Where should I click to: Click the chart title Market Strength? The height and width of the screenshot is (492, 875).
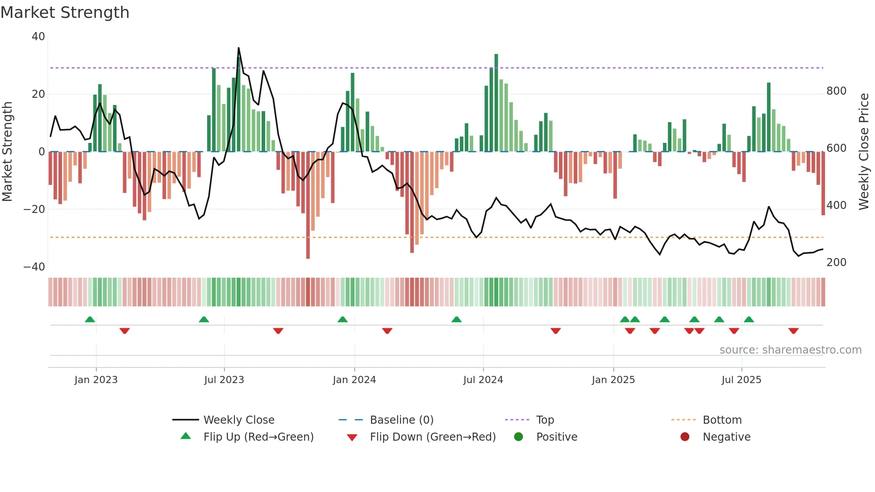pyautogui.click(x=65, y=13)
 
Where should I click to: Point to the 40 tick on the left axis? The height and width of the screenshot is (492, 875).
pyautogui.click(x=38, y=37)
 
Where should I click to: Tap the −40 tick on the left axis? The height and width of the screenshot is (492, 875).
pyautogui.click(x=34, y=267)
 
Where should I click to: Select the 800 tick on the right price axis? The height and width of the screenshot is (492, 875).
pyautogui.click(x=836, y=91)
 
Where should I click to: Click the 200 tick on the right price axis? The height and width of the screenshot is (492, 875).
pyautogui.click(x=836, y=263)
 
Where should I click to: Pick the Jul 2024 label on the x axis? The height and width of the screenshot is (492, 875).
pyautogui.click(x=483, y=380)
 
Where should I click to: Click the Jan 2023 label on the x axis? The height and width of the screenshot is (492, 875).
pyautogui.click(x=96, y=380)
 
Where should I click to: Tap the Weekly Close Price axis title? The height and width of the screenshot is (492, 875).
pyautogui.click(x=864, y=152)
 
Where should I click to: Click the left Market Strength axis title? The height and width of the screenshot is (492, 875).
pyautogui.click(x=7, y=152)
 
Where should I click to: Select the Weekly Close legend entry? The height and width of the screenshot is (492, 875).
pyautogui.click(x=238, y=420)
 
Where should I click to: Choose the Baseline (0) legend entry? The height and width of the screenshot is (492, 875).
pyautogui.click(x=401, y=420)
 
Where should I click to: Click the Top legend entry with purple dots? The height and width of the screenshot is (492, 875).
pyautogui.click(x=545, y=420)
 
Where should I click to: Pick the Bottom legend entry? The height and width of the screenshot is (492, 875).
pyautogui.click(x=722, y=420)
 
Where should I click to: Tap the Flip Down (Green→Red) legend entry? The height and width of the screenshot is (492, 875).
pyautogui.click(x=432, y=437)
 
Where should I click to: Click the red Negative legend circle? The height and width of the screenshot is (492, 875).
pyautogui.click(x=685, y=437)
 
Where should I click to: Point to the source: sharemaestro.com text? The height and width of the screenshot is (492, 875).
pyautogui.click(x=790, y=350)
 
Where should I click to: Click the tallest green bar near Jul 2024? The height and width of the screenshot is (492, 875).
pyautogui.click(x=496, y=103)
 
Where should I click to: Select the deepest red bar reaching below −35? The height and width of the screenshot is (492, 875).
pyautogui.click(x=308, y=205)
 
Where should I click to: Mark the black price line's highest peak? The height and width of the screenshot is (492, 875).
pyautogui.click(x=238, y=48)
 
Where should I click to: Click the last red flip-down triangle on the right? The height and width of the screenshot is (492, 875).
pyautogui.click(x=793, y=331)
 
